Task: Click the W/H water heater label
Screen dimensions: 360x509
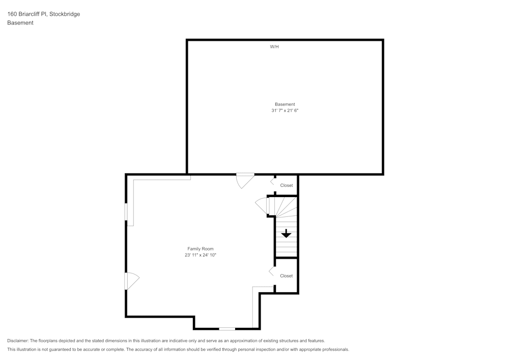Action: tap(274, 47)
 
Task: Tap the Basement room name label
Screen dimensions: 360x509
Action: tap(285, 104)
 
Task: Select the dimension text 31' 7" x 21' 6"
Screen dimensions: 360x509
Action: tap(285, 110)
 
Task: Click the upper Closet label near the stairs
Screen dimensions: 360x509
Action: tap(287, 185)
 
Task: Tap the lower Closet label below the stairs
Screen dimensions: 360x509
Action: tap(287, 275)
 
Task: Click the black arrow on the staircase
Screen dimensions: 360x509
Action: tap(286, 234)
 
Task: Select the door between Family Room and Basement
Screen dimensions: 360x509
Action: tap(245, 179)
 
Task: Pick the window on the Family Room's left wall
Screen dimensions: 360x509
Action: tap(126, 212)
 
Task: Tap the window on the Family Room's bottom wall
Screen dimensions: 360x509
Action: tap(227, 329)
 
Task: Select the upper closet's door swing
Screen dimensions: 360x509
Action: tap(273, 181)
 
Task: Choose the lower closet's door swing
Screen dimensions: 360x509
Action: tap(272, 271)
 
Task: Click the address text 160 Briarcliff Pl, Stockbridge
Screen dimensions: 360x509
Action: tap(43, 14)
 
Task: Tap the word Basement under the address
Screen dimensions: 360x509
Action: tap(20, 23)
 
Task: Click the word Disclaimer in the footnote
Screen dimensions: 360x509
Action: tap(18, 341)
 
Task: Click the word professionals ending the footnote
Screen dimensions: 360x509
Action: tap(335, 350)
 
